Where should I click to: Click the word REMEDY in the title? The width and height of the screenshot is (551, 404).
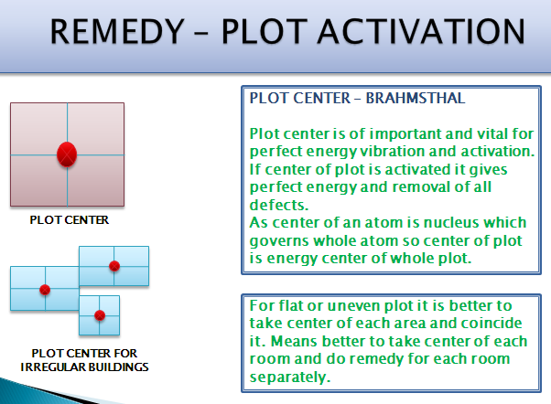tap(117, 32)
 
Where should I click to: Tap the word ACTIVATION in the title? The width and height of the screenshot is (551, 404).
tap(421, 32)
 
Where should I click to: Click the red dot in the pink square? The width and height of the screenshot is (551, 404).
tap(67, 154)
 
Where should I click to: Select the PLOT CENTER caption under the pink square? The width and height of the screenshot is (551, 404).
tap(70, 220)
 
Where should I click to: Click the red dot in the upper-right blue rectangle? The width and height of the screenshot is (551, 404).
tap(114, 266)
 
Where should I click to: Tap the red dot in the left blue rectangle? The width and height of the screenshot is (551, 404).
tap(45, 290)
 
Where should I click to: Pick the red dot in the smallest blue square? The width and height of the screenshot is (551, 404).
tap(100, 315)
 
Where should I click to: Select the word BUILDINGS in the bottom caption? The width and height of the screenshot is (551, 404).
tap(118, 367)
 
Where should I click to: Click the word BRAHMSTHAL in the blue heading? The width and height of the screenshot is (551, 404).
tap(416, 99)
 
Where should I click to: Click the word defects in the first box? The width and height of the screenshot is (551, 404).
tap(278, 205)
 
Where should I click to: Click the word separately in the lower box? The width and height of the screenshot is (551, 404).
tap(290, 377)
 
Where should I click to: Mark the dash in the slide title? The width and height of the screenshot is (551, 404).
tap(200, 34)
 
